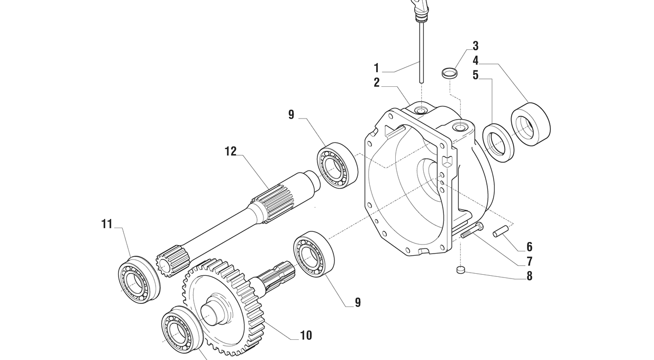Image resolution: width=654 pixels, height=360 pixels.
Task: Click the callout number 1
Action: click(x=377, y=68)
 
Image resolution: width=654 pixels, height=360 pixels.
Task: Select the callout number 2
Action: click(x=377, y=83)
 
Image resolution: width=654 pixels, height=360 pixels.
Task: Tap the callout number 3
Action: click(x=476, y=46)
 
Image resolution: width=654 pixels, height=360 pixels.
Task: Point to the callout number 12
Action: click(x=231, y=151)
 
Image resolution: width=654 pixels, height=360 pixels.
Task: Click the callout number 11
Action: click(x=107, y=224)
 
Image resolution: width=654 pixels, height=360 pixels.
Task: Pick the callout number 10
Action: click(x=306, y=335)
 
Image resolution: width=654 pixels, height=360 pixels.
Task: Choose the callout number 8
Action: click(x=529, y=276)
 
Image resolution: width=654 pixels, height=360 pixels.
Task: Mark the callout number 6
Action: click(x=529, y=247)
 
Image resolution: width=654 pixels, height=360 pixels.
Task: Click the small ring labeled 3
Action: click(x=449, y=73)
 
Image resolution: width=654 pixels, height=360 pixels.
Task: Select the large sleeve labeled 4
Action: click(x=531, y=124)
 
